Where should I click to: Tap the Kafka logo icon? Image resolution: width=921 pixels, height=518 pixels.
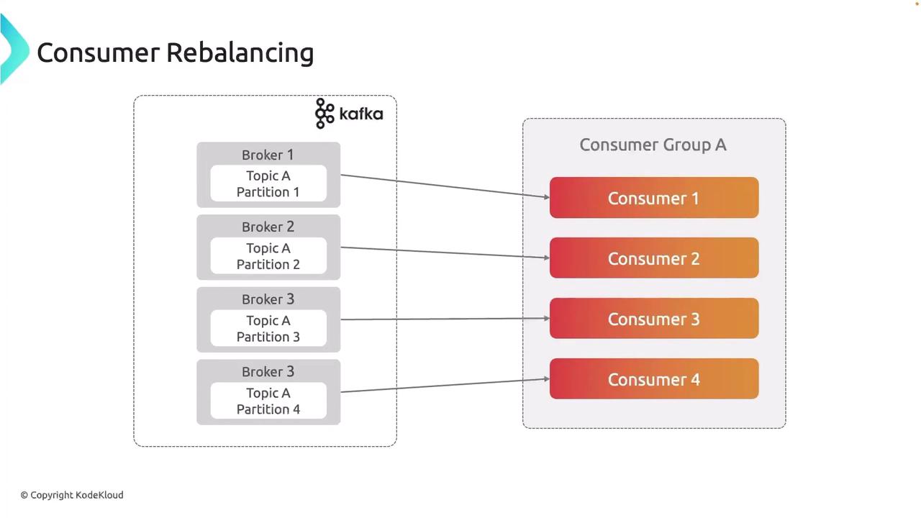[x=325, y=114]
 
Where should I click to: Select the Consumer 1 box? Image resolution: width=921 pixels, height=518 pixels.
[x=653, y=198]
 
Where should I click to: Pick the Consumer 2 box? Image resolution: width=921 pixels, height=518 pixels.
[x=653, y=258]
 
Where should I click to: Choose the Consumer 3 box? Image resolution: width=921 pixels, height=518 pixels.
[x=653, y=319]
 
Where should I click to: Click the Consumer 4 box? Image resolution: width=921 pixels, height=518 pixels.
[x=653, y=379]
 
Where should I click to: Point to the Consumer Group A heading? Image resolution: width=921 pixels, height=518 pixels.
[x=653, y=145]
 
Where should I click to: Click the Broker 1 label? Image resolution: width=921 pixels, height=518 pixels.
[x=268, y=155]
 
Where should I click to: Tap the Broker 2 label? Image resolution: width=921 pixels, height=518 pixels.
[x=268, y=227]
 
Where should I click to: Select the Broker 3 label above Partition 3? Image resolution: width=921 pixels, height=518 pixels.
[x=268, y=299]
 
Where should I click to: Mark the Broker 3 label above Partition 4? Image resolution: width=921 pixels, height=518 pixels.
[x=268, y=372]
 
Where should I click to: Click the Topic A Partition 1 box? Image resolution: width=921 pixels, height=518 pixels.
[x=268, y=184]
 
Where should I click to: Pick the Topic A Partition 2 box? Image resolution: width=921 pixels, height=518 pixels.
[x=268, y=256]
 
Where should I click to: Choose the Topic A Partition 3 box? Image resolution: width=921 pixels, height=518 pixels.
[x=268, y=329]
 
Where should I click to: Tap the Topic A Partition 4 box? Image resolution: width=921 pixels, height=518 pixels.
[x=268, y=401]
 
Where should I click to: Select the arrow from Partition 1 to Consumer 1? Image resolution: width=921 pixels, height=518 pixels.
[x=445, y=186]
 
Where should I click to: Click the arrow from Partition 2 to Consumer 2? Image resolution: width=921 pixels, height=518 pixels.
[x=445, y=253]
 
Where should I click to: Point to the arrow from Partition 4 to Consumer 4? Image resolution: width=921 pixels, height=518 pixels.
[x=445, y=386]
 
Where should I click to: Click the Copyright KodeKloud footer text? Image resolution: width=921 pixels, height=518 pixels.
[x=72, y=495]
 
